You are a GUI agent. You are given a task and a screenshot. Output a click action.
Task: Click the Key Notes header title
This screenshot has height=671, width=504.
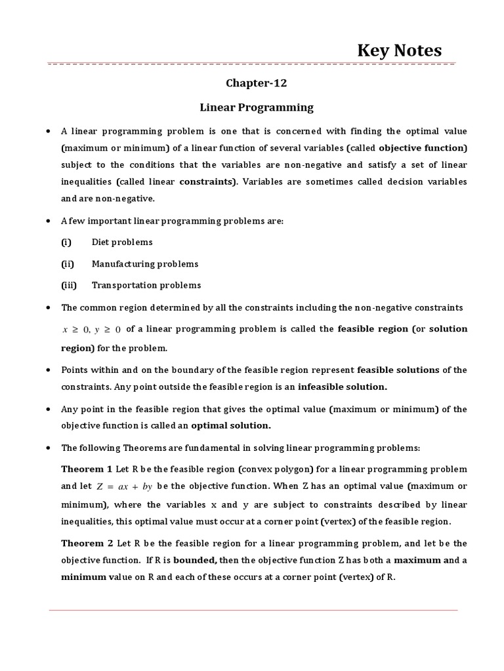(399, 50)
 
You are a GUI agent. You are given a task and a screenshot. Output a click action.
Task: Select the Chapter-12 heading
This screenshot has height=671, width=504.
(257, 83)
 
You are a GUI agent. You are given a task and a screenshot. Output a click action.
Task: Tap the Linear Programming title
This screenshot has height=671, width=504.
(257, 107)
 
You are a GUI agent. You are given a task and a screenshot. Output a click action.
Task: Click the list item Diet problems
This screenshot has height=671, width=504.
(122, 242)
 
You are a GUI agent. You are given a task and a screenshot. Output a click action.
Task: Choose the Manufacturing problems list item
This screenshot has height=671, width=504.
(145, 263)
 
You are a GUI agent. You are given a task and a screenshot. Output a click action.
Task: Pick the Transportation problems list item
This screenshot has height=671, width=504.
(146, 285)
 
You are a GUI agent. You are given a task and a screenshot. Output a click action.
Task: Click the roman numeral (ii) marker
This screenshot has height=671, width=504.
(68, 263)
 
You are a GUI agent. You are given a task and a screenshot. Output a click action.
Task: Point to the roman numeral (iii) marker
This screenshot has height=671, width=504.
(69, 285)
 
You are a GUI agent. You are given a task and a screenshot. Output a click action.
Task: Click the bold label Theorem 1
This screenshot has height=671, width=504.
(87, 469)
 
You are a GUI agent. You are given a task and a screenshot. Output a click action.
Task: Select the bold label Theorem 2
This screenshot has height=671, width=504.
(87, 543)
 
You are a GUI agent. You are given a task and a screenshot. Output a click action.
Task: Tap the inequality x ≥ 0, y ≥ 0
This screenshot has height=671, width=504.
(91, 330)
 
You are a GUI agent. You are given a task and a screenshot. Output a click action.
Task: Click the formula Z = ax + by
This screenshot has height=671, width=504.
(125, 486)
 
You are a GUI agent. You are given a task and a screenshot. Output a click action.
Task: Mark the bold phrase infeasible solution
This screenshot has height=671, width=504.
(343, 387)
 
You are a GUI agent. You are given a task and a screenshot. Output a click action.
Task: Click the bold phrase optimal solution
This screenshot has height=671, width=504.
(230, 425)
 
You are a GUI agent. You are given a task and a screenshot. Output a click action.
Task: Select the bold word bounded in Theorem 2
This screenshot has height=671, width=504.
(195, 560)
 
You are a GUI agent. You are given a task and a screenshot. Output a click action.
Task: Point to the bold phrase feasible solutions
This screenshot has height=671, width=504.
(398, 370)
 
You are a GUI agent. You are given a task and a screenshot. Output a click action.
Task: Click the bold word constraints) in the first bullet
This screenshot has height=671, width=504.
(208, 181)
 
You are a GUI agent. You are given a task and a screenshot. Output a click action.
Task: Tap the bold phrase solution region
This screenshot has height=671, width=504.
(449, 328)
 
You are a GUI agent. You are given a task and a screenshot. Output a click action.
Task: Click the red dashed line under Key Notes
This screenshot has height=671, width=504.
(252, 64)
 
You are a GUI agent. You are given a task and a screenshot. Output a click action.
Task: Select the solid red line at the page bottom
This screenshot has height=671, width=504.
(253, 611)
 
